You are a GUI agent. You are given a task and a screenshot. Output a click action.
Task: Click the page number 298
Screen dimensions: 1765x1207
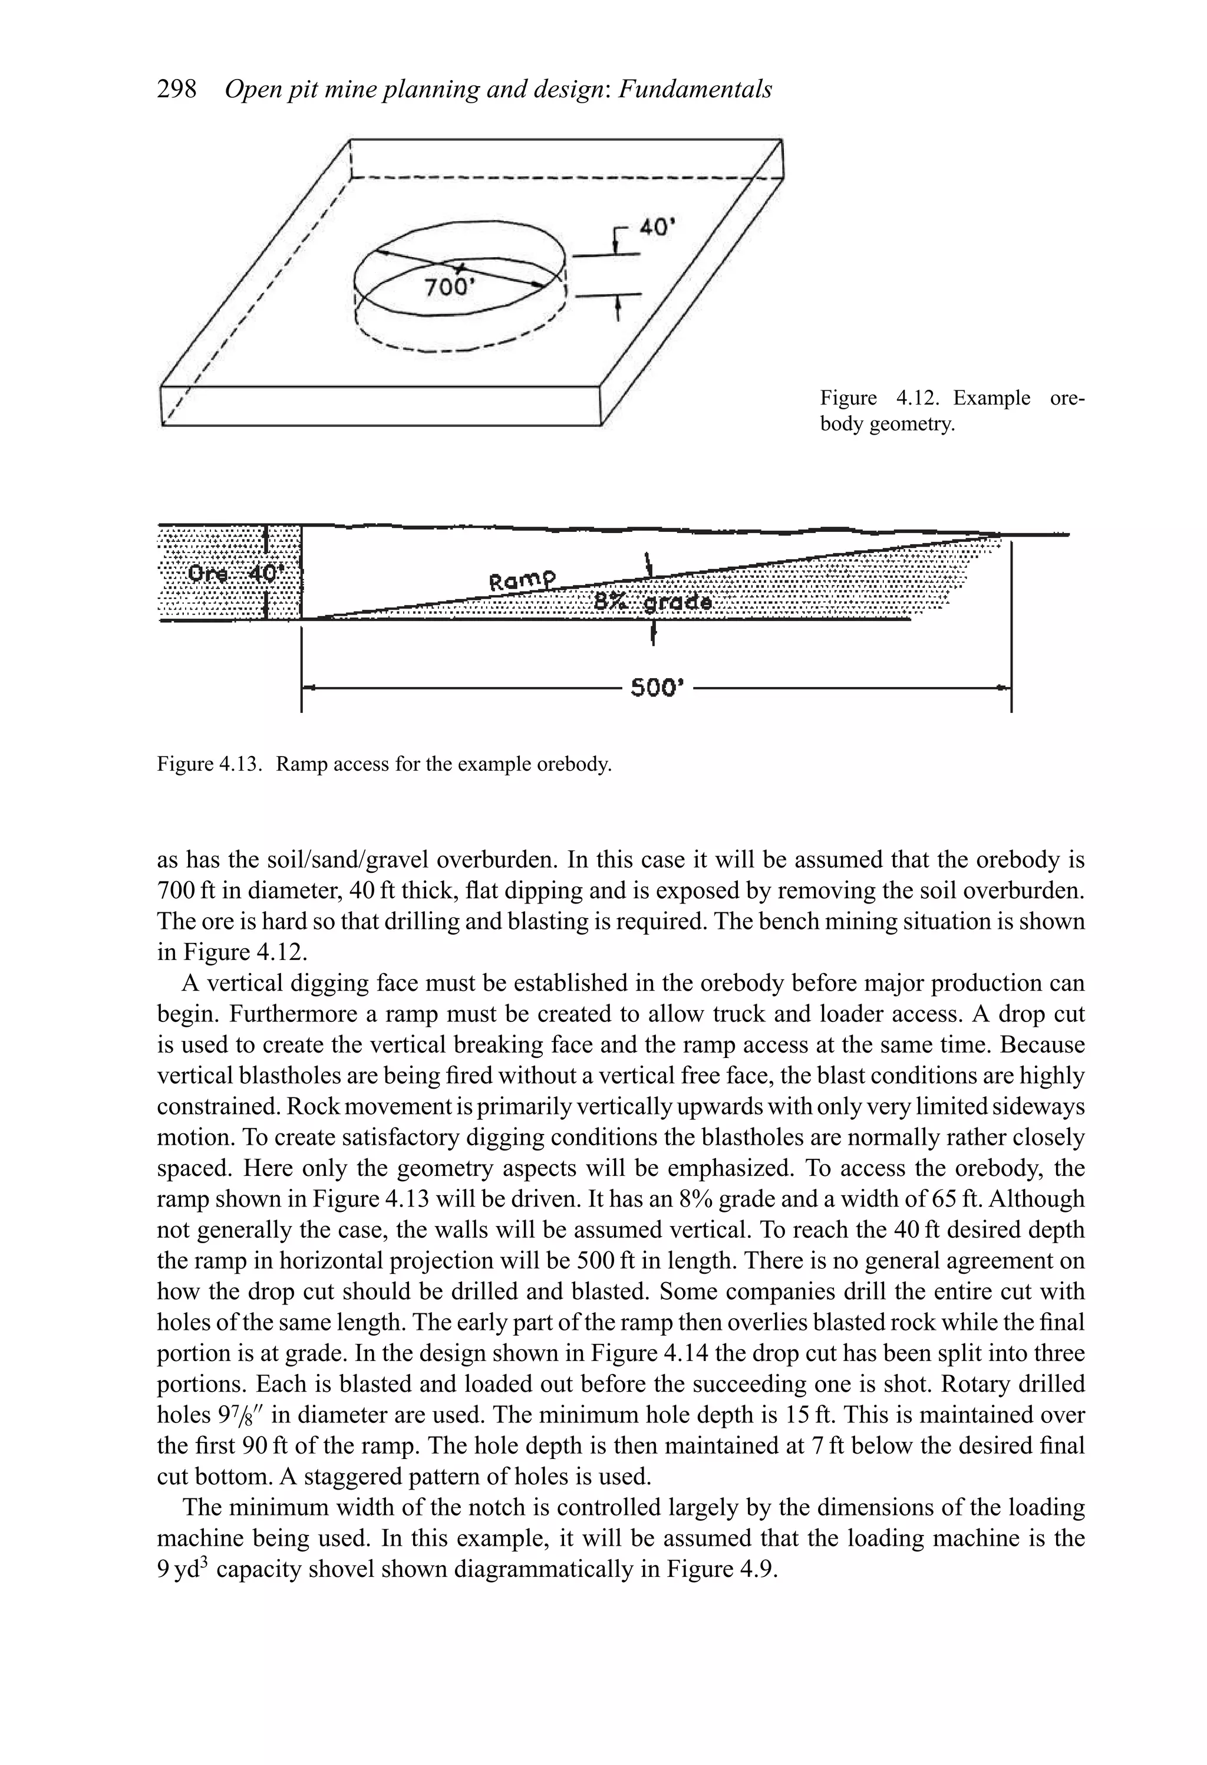[176, 90]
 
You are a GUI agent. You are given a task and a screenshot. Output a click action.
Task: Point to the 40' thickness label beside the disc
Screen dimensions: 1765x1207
[657, 227]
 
